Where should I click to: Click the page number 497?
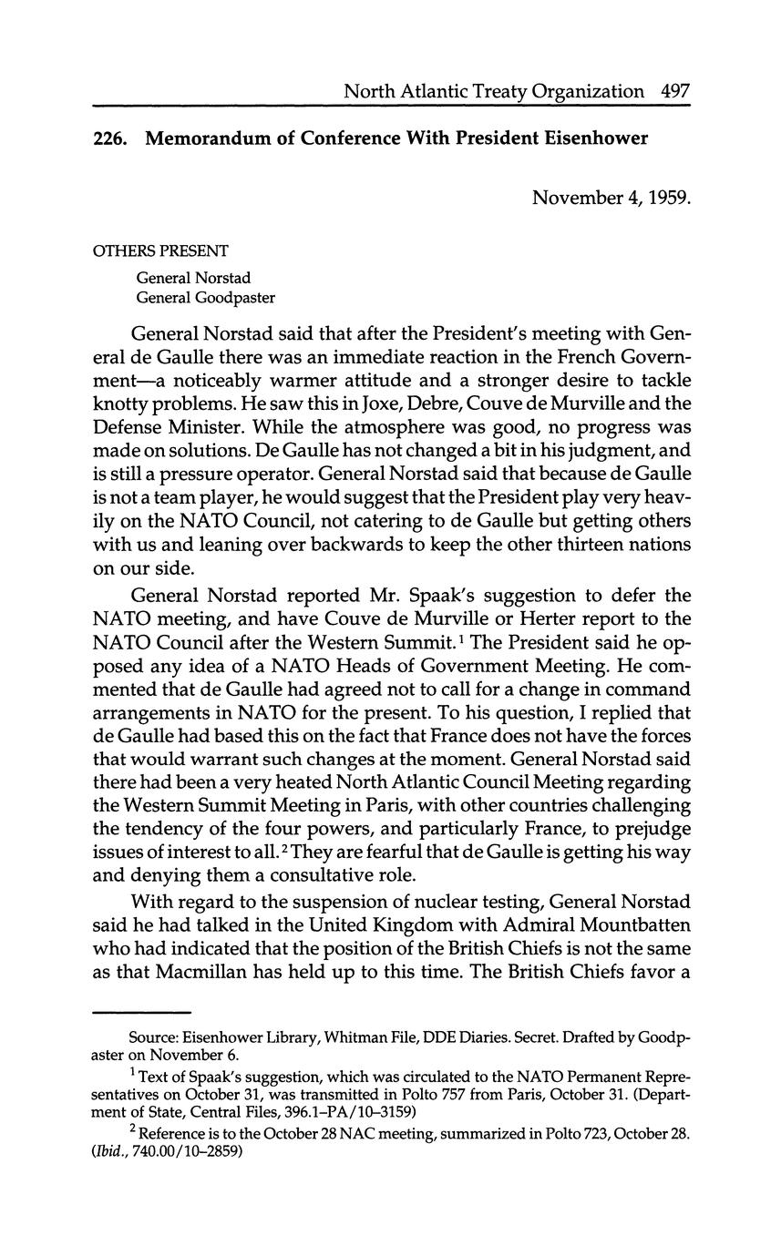(675, 91)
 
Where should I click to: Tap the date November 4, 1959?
(611, 197)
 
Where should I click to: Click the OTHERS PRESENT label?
(160, 250)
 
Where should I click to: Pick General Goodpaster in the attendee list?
(206, 297)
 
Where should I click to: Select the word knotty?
(125, 402)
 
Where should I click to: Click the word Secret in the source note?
(533, 1037)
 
